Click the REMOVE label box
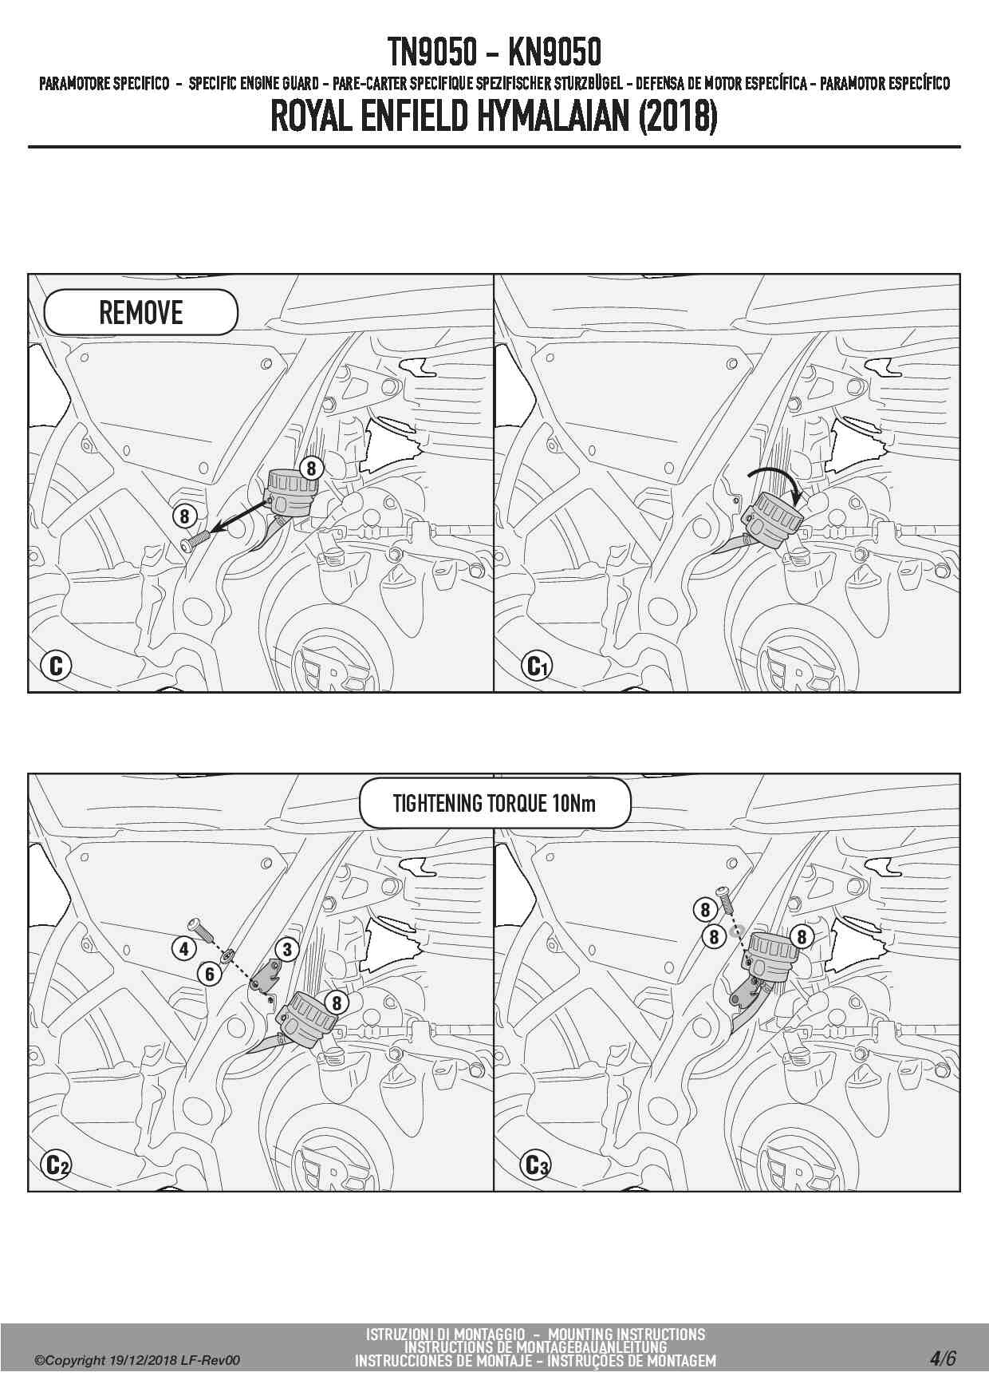point(140,312)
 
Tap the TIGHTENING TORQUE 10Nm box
point(494,803)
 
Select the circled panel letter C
point(56,665)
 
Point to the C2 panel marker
point(56,1165)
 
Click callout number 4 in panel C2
point(184,949)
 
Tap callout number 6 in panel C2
point(210,974)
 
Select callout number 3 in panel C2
point(287,949)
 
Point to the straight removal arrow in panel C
point(239,517)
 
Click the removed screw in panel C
point(193,540)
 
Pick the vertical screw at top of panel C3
point(724,900)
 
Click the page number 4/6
point(942,1358)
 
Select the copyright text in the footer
point(137,1361)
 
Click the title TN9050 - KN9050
point(494,53)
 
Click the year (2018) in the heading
point(677,117)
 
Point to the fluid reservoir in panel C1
point(772,519)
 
